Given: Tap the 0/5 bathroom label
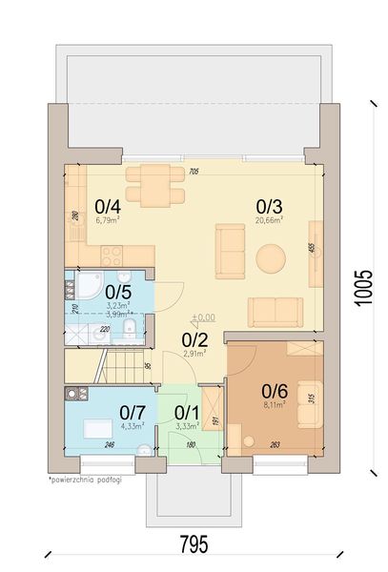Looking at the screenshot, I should tap(118, 292).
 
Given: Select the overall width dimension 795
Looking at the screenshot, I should tap(194, 544).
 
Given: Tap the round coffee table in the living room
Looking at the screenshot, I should tap(272, 257).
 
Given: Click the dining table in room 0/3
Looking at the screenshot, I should tap(154, 184).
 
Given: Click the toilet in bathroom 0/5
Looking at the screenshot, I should tap(130, 330).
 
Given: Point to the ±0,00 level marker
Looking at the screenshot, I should tap(202, 317).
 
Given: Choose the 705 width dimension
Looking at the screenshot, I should tap(194, 172).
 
